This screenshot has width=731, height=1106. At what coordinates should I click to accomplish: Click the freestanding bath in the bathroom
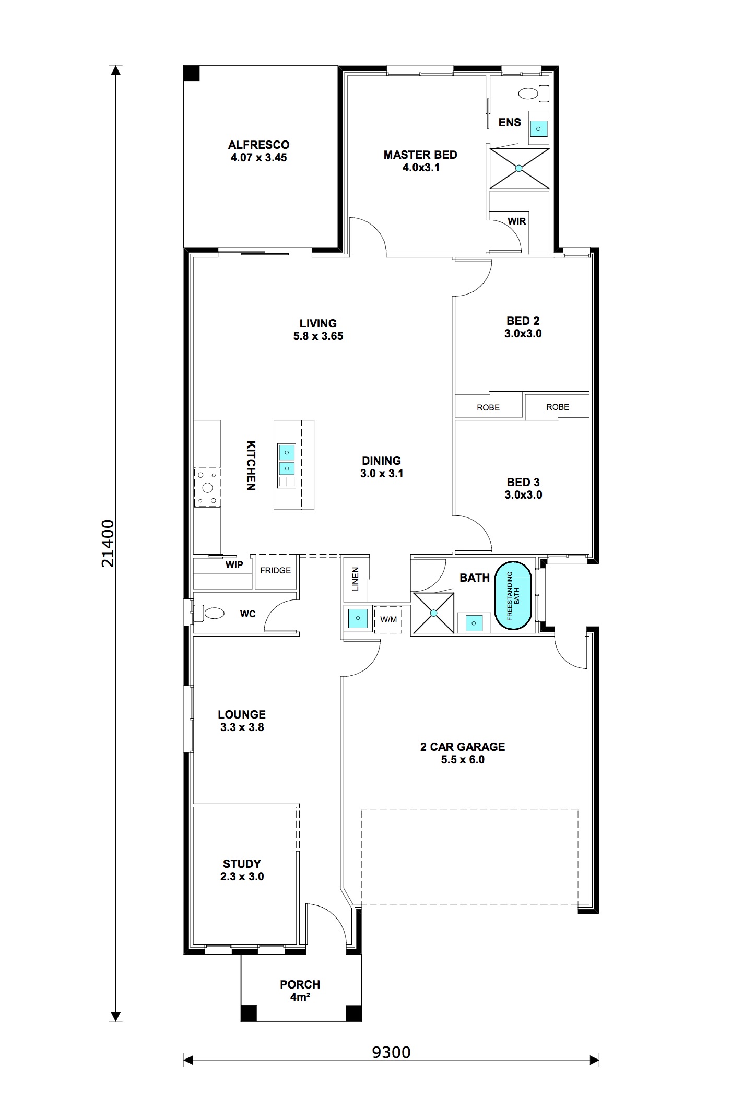tap(513, 595)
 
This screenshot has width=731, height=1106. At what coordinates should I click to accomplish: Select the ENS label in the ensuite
tap(510, 122)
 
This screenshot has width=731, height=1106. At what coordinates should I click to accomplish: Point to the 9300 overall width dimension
tap(391, 1052)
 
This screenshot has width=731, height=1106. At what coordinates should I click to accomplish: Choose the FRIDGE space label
tap(275, 570)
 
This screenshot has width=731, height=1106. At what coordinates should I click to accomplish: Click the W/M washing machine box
tap(388, 619)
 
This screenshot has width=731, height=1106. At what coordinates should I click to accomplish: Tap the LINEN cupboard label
tap(356, 579)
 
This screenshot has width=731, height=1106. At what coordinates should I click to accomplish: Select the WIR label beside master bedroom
tap(516, 221)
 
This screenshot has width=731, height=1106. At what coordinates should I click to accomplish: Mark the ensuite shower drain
tap(519, 168)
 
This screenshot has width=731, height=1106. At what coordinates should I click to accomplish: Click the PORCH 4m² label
tap(300, 991)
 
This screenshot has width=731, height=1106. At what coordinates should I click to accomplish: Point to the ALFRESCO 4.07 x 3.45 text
tap(258, 151)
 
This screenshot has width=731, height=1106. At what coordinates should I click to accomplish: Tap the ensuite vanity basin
tap(539, 127)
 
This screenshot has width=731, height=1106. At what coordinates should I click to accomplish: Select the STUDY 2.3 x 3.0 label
tap(242, 870)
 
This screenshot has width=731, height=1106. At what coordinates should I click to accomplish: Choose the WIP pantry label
tap(234, 565)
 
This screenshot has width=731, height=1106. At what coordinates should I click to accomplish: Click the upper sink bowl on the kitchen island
tap(286, 452)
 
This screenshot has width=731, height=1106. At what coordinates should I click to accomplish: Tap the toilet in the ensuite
tap(529, 93)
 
